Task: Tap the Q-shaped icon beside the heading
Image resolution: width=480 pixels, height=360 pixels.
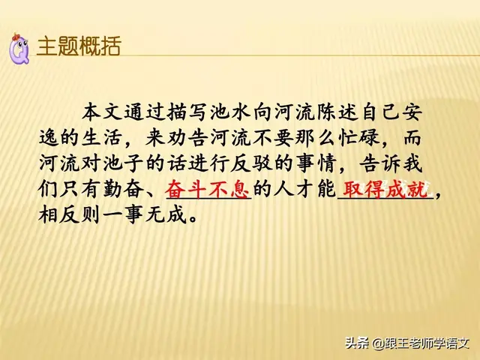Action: click(x=18, y=46)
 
